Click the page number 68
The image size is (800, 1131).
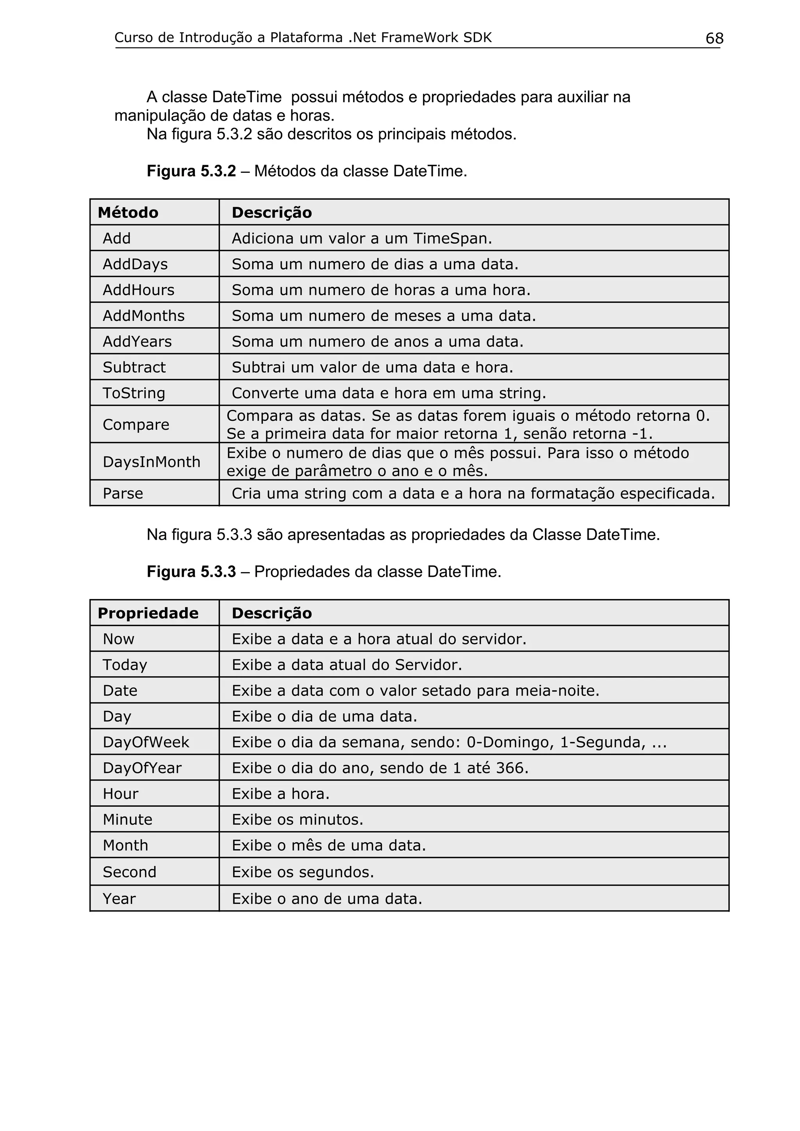point(714,38)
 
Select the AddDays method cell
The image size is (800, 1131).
point(135,265)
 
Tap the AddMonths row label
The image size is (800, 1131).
point(143,316)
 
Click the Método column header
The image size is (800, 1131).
point(128,213)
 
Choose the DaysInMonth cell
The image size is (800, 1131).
point(151,462)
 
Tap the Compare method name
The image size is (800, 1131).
point(136,425)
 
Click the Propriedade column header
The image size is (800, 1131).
point(148,613)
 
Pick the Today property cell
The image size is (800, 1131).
point(125,665)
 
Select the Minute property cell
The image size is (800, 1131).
point(127,820)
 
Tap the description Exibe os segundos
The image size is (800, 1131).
point(303,872)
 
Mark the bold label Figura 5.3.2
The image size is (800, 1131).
point(191,171)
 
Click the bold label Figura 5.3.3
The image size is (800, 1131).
point(191,572)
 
